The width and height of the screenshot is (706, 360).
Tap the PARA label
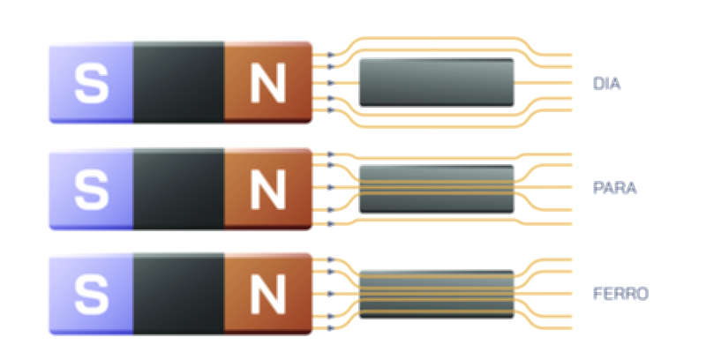click(x=611, y=188)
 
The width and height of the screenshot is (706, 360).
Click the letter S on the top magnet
click(x=90, y=82)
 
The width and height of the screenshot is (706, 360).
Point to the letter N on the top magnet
click(x=267, y=83)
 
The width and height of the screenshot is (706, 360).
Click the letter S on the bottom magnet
click(x=90, y=294)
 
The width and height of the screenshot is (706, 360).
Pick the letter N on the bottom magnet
click(x=267, y=295)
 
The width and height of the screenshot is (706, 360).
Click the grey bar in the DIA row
click(x=437, y=82)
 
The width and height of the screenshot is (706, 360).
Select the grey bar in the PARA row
click(x=437, y=188)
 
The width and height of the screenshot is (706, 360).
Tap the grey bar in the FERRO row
click(x=437, y=293)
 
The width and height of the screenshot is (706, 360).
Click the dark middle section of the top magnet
click(x=178, y=81)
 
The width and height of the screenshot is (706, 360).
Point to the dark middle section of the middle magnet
click(x=178, y=189)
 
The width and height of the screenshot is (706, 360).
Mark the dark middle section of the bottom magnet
click(x=178, y=294)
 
